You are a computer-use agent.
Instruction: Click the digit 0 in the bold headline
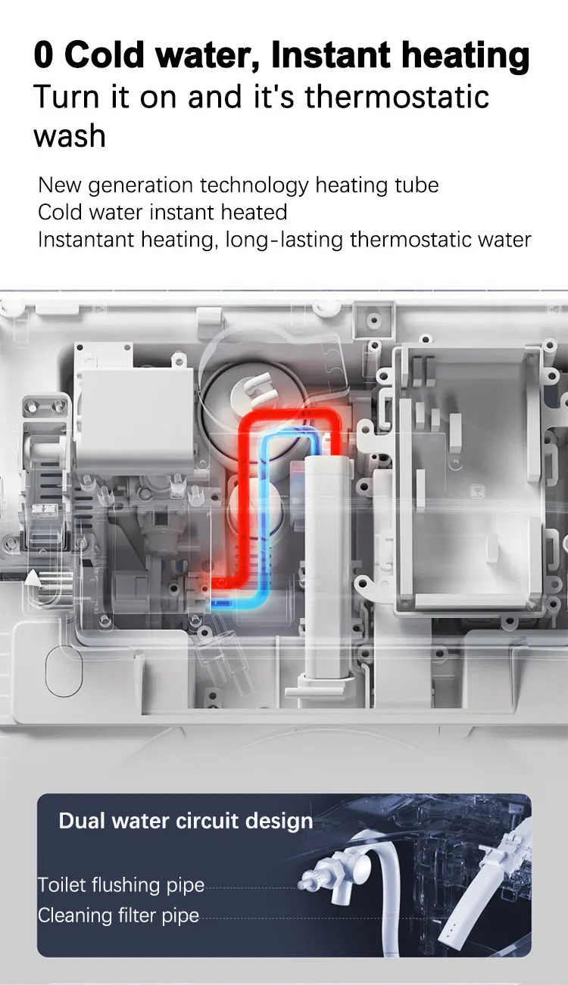coord(45,56)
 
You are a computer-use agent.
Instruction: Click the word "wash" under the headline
coord(69,136)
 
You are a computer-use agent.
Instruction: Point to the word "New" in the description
coord(58,185)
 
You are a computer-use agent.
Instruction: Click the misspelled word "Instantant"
coord(86,240)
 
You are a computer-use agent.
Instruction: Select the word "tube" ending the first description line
coord(416,185)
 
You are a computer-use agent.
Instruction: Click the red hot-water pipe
coord(247,484)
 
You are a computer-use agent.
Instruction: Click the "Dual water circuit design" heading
coord(186,821)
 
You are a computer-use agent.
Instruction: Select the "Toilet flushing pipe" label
coord(121,885)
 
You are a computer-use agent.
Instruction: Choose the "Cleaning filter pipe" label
coord(118,915)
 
